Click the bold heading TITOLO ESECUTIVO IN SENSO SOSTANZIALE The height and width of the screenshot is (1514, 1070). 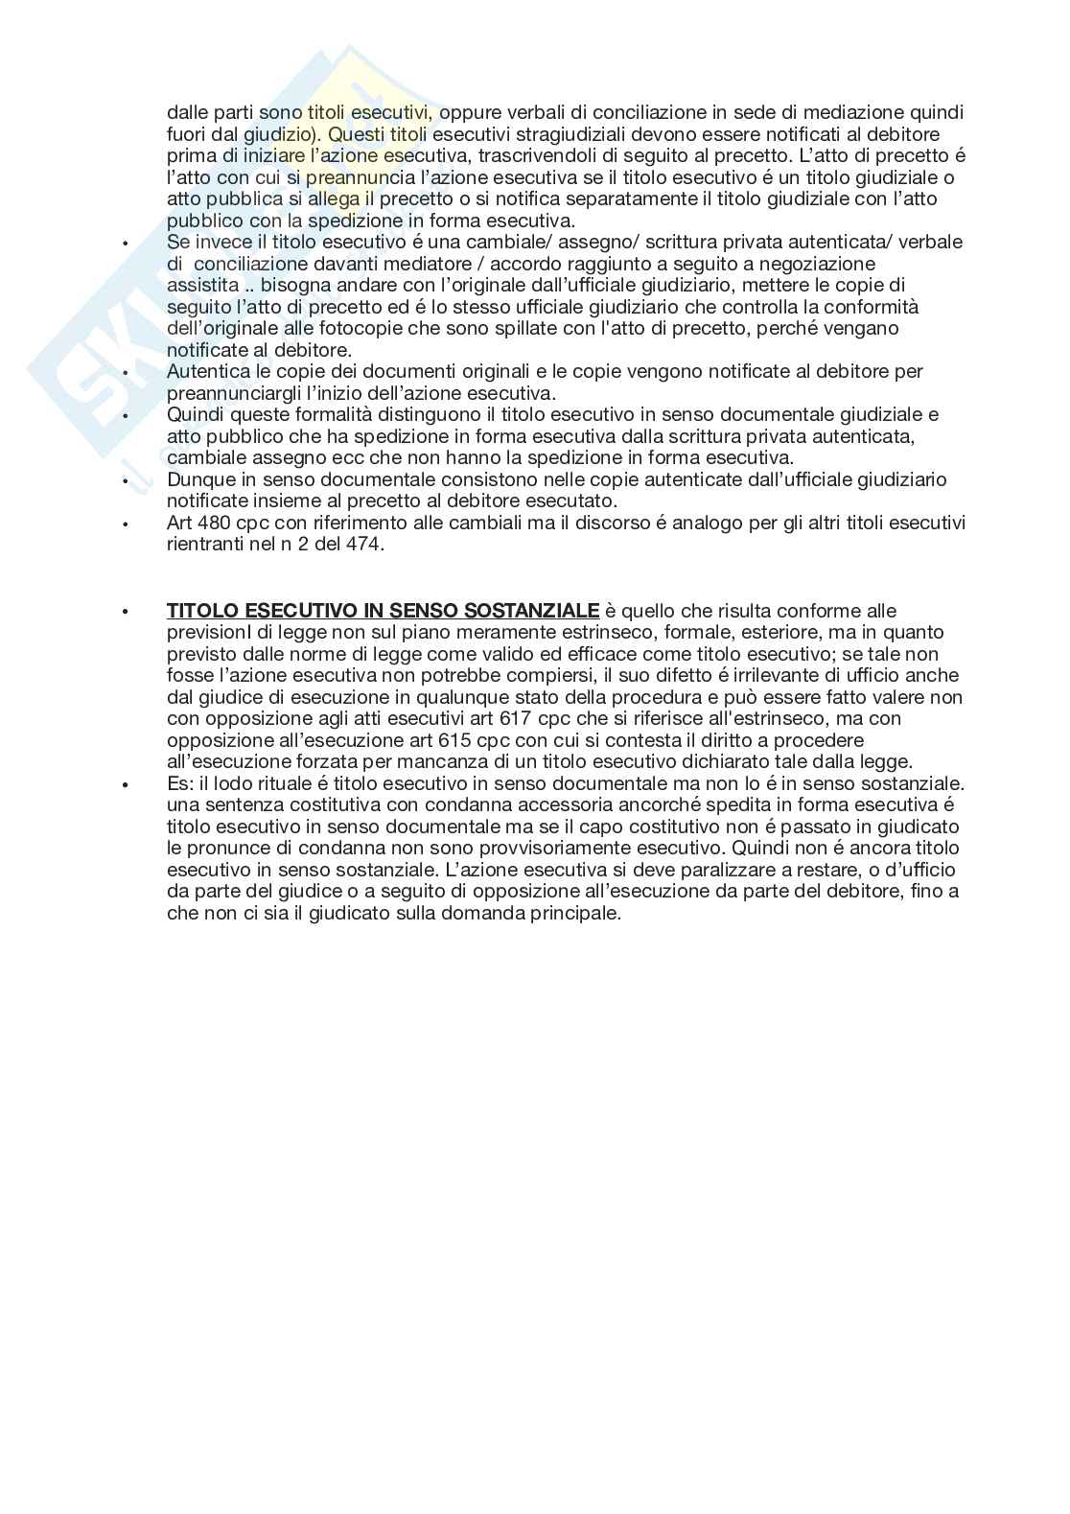(384, 611)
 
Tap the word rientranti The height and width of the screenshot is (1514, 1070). (203, 545)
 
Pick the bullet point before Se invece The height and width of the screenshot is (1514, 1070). (125, 244)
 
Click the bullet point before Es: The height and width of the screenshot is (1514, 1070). (125, 785)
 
